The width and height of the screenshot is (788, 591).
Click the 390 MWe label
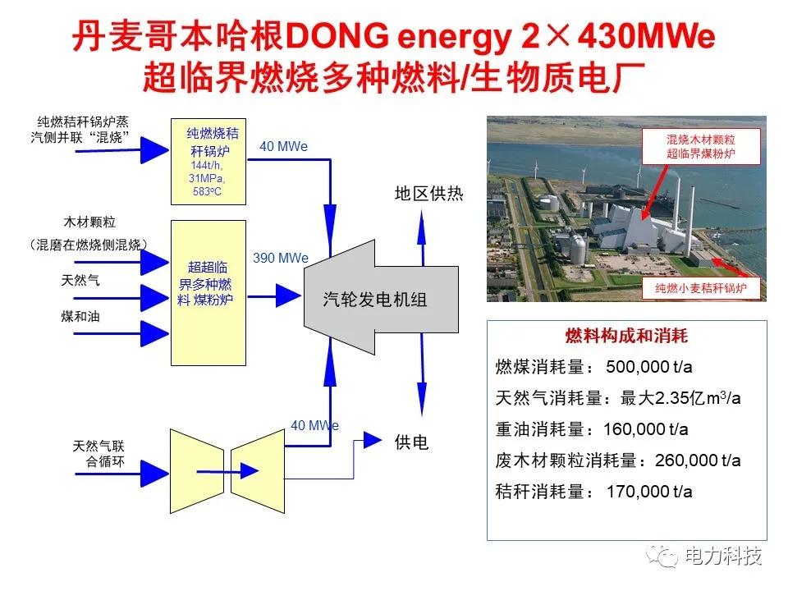[x=281, y=258]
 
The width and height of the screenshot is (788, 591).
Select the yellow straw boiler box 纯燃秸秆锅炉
[x=208, y=162]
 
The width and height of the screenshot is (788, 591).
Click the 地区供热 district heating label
[x=428, y=193]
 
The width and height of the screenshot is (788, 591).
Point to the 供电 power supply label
[x=411, y=442]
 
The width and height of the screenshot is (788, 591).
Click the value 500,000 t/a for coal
[x=648, y=366]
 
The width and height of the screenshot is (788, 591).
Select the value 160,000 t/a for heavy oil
[x=646, y=428]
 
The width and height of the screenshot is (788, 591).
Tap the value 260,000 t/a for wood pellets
[x=698, y=460]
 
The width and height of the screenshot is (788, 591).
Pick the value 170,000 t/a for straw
[x=649, y=491]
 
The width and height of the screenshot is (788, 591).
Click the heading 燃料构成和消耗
[x=626, y=335]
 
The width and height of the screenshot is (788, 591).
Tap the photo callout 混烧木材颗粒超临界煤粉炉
[x=701, y=146]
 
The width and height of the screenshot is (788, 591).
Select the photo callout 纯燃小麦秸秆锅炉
[x=700, y=288]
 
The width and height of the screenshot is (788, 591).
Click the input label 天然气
[x=80, y=280]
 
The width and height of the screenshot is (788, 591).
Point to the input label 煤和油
[x=80, y=316]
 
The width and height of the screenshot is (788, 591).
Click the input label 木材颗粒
[x=89, y=222]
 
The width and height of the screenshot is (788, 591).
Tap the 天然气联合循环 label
[x=98, y=453]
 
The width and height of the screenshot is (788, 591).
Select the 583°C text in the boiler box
[x=207, y=191]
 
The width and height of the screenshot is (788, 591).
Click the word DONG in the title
[x=337, y=35]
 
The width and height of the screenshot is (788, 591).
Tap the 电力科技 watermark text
[x=724, y=556]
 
